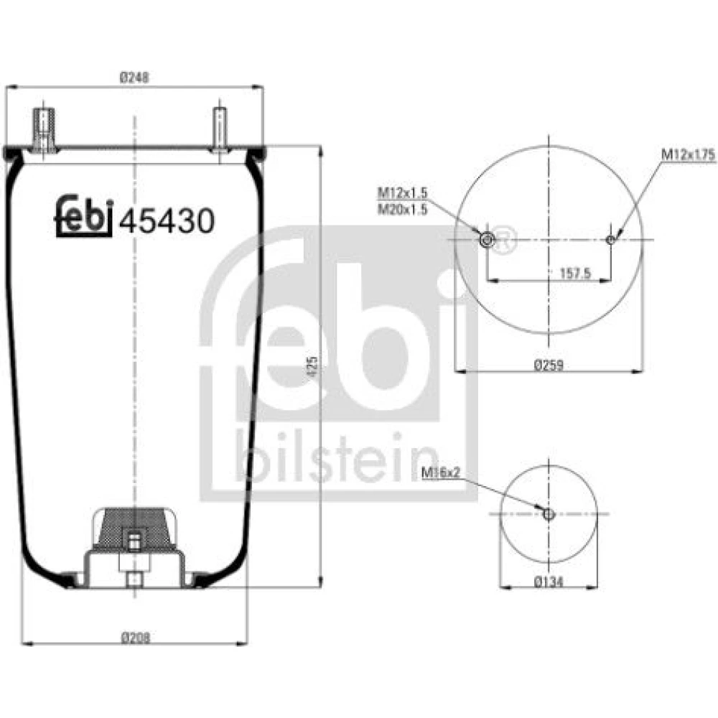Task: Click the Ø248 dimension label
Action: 134,78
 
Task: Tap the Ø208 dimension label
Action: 136,638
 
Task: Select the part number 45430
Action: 167,220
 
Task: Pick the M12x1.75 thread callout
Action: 688,155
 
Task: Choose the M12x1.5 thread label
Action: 402,192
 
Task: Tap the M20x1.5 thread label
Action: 402,209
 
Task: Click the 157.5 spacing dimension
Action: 576,274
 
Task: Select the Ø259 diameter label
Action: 549,365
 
